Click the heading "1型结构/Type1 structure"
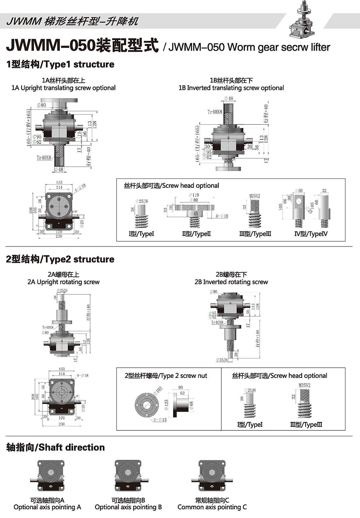click(60, 64)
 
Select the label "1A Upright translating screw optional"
click(63, 88)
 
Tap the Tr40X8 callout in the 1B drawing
click(215, 112)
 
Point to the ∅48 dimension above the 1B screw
click(229, 98)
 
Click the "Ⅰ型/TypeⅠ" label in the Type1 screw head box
click(141, 234)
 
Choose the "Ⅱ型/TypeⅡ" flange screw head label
click(196, 234)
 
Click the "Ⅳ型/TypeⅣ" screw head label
click(311, 234)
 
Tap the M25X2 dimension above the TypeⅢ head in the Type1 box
click(255, 196)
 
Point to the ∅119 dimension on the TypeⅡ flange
click(194, 195)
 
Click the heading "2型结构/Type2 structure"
click(60, 259)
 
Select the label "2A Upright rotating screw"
click(63, 282)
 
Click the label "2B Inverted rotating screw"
click(231, 282)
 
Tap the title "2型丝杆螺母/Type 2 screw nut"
click(166, 376)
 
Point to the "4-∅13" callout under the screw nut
click(160, 420)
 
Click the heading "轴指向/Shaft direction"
click(56, 447)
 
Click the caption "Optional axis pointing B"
click(128, 507)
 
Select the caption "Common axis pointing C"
click(212, 507)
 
